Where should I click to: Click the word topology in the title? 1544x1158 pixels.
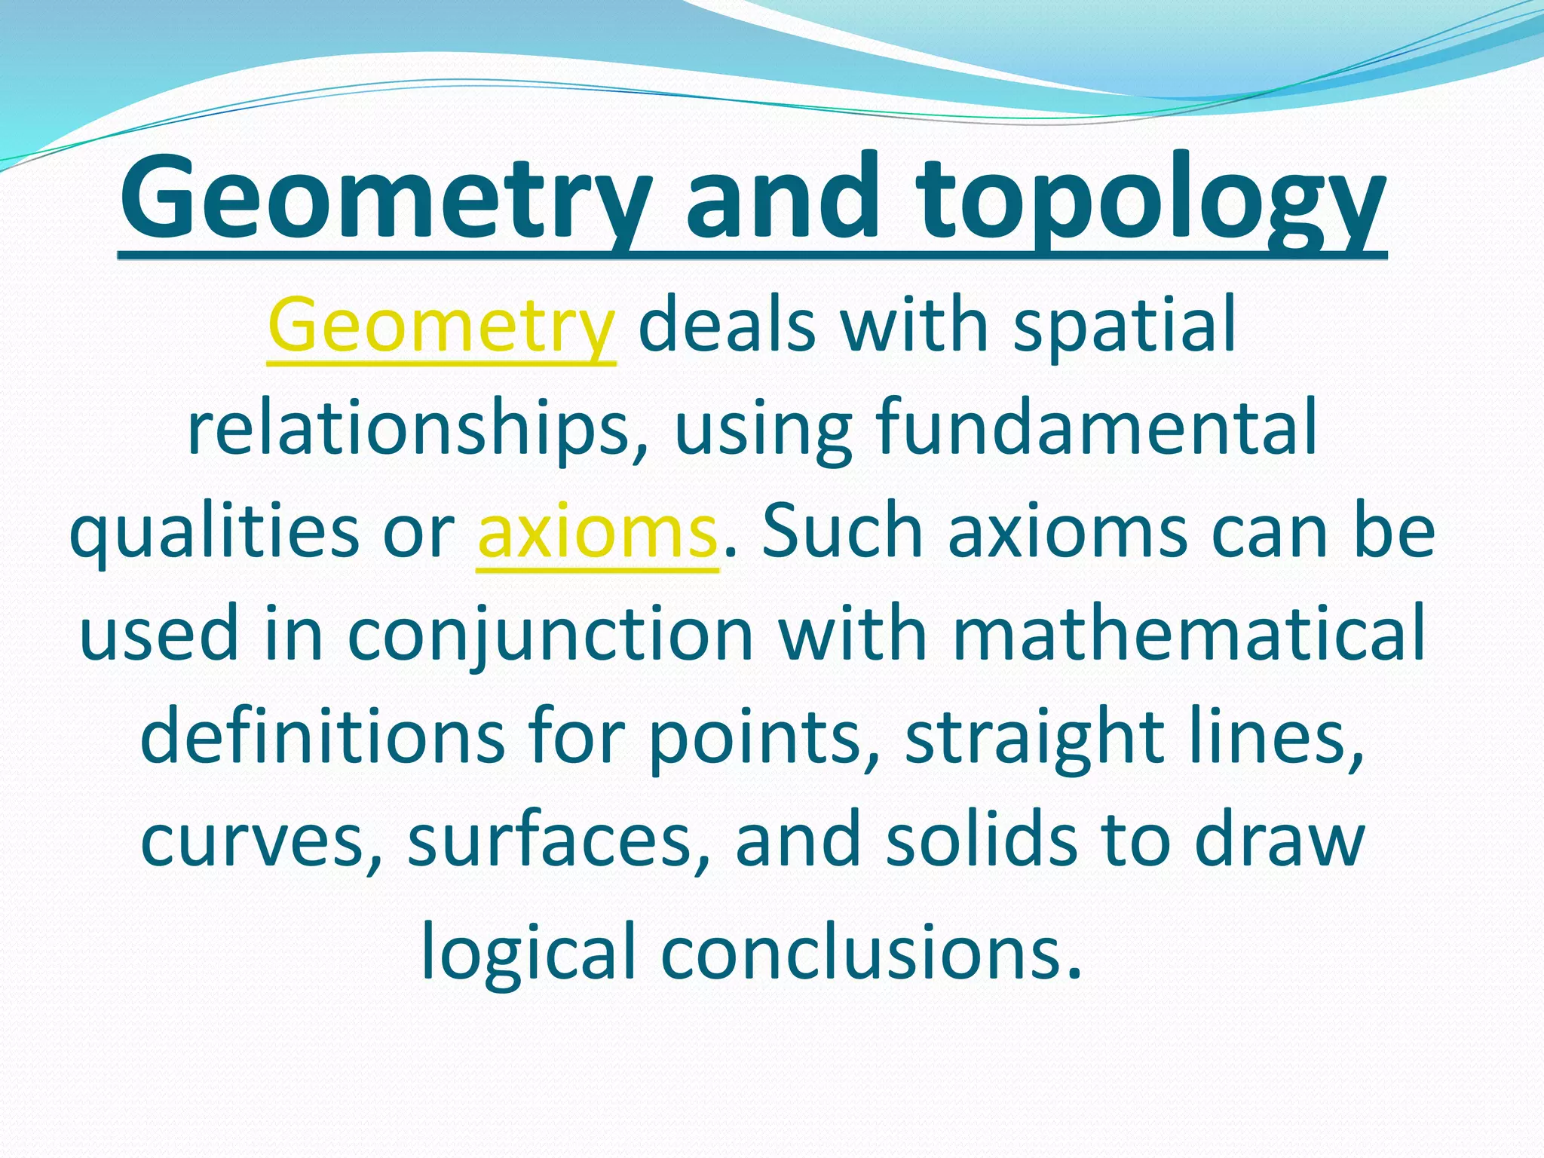tap(1150, 200)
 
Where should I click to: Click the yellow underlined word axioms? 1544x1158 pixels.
tap(597, 532)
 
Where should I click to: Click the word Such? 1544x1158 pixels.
tap(842, 532)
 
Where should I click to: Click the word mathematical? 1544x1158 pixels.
tap(1189, 633)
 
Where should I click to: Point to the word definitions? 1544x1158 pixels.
tap(322, 737)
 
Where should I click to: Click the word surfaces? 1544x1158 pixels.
tap(558, 840)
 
